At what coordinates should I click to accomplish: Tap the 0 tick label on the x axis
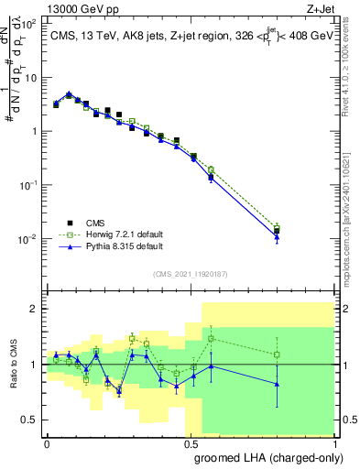[x=47, y=442]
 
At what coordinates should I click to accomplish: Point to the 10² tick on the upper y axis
[x=29, y=25]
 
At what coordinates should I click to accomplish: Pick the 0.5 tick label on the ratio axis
[x=30, y=420]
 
